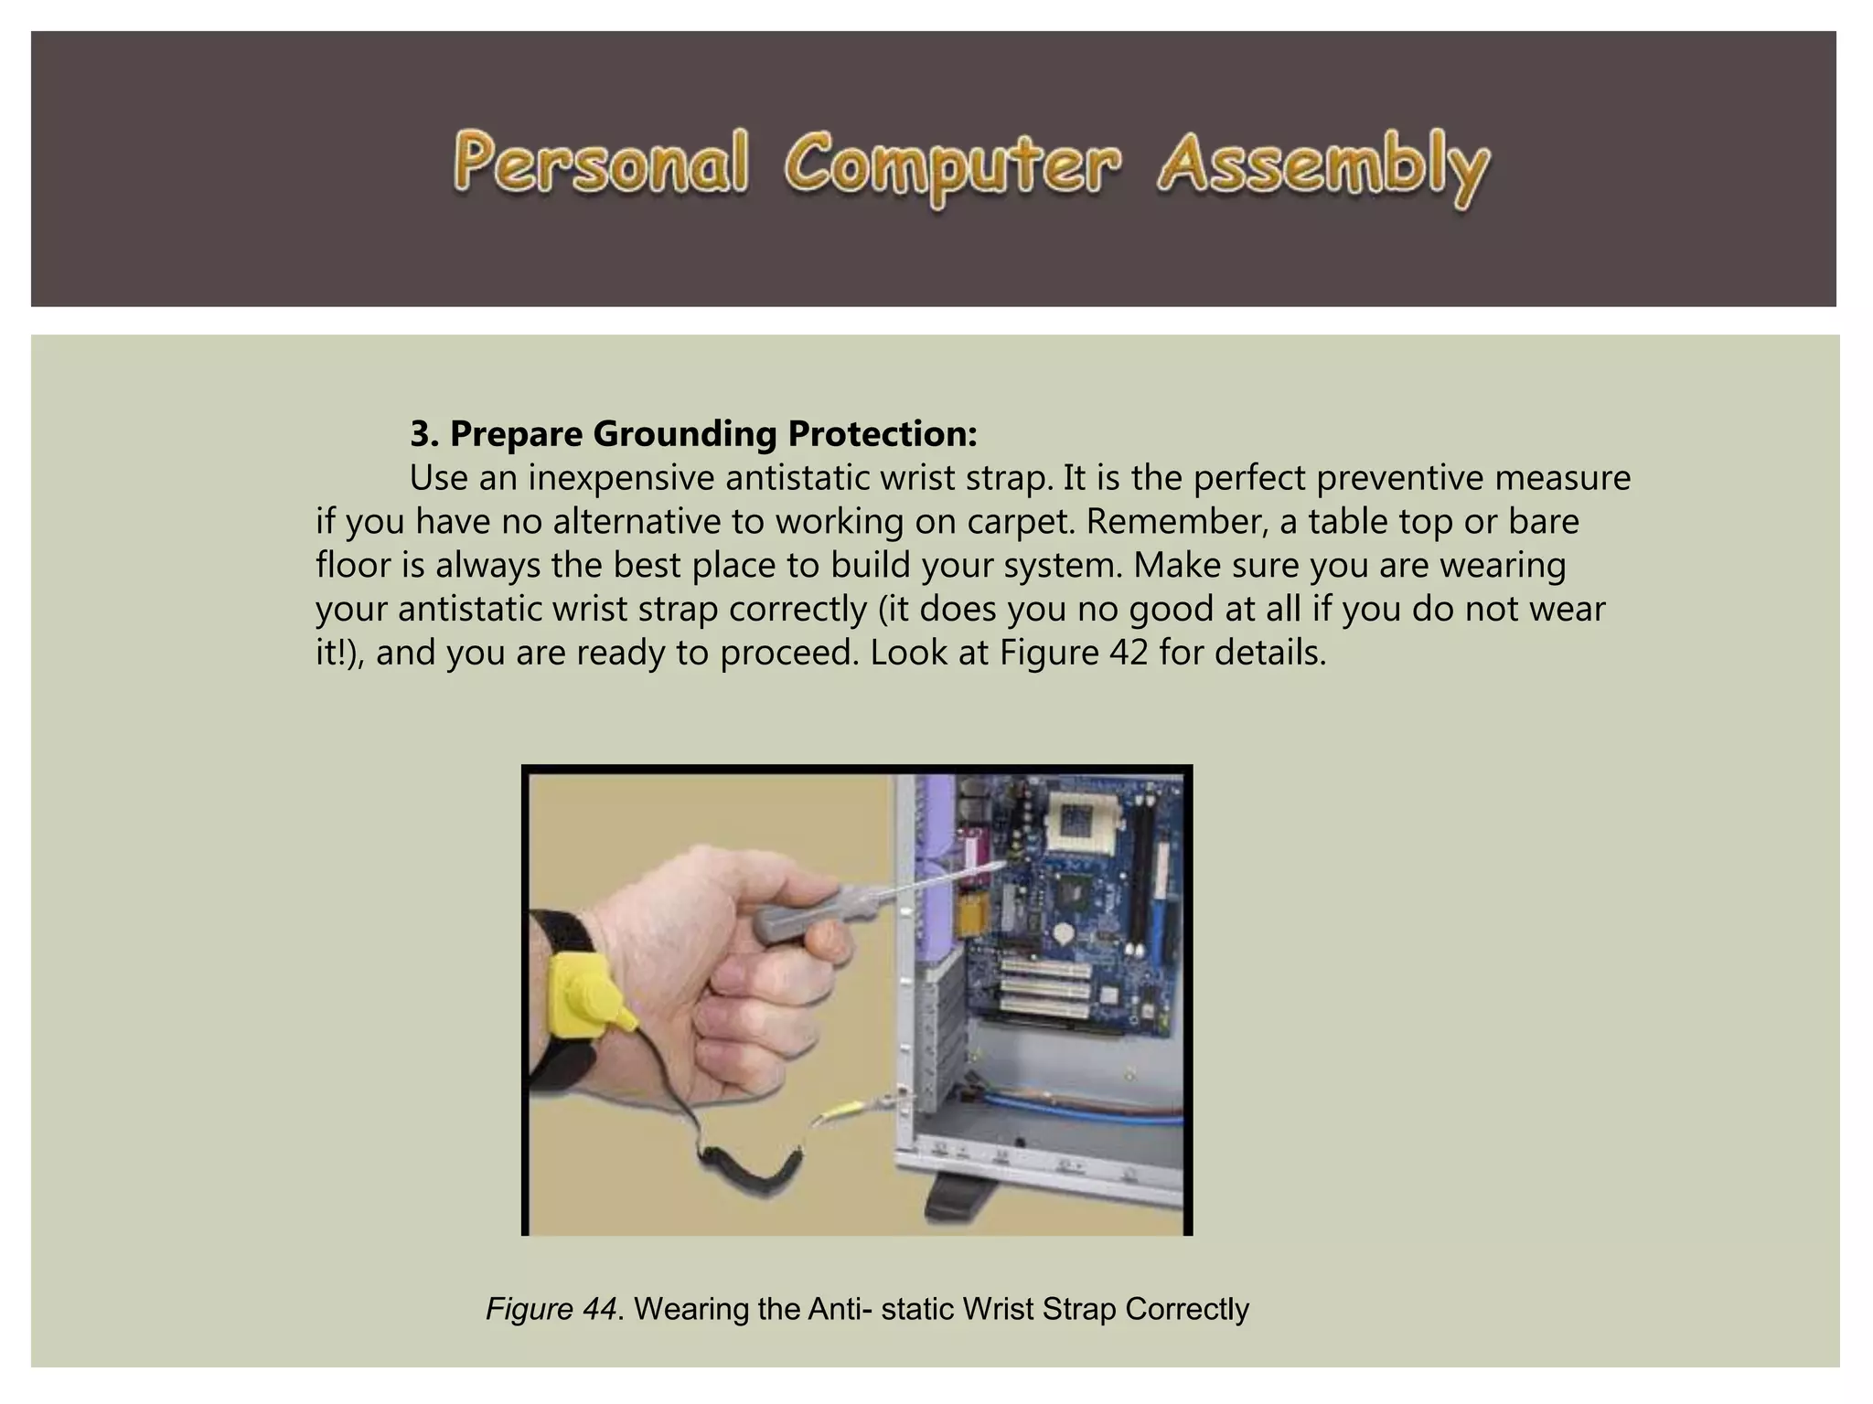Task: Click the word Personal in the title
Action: point(600,165)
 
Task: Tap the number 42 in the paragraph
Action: point(1127,653)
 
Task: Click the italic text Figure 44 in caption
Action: point(551,1309)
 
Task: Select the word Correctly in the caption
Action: point(1186,1309)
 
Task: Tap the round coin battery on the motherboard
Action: point(1063,934)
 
